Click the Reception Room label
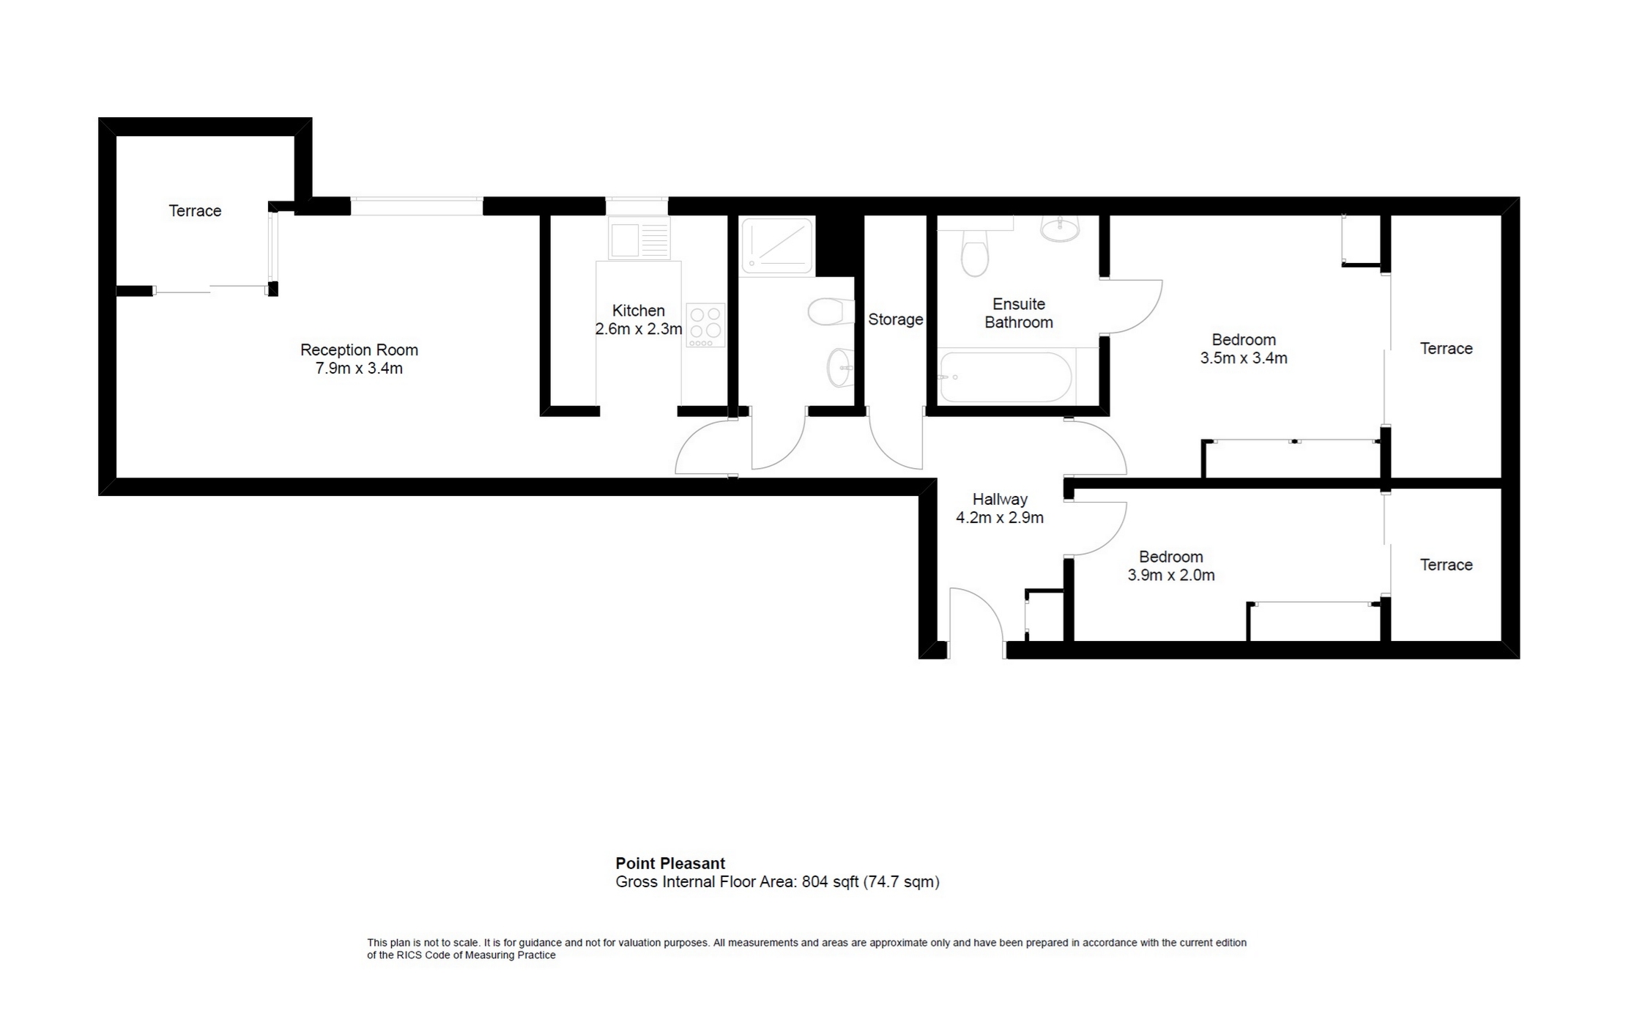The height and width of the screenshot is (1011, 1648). pos(359,350)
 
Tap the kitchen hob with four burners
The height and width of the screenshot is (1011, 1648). pos(705,325)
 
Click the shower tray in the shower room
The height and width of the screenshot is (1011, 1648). pos(776,245)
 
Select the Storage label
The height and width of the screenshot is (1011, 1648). pos(895,319)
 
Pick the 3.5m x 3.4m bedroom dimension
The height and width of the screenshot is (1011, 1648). pos(1243,358)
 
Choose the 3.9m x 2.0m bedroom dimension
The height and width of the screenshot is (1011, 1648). pos(1170,575)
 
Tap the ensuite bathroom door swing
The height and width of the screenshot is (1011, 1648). pos(1132,308)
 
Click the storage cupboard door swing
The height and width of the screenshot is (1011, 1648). pos(895,443)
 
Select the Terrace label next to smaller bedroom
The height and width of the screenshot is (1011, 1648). pos(1445,565)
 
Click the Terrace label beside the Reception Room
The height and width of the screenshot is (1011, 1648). pos(195,211)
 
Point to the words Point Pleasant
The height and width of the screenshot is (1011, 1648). pos(669,863)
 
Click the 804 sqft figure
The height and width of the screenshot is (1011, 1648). pos(829,882)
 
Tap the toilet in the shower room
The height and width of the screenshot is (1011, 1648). pos(831,312)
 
